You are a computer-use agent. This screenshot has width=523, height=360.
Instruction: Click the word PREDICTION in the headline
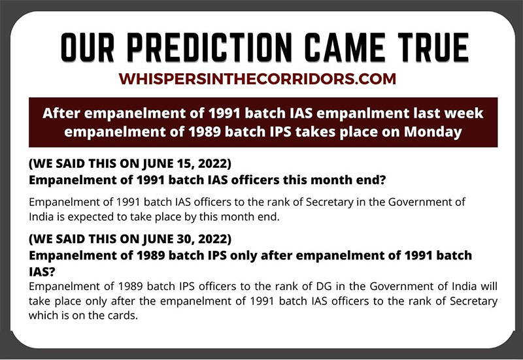tap(209, 47)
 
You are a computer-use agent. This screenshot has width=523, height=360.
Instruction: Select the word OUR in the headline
tap(88, 47)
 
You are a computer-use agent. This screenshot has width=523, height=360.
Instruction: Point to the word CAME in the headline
tap(345, 47)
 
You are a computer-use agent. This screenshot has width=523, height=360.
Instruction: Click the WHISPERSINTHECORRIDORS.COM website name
tap(257, 79)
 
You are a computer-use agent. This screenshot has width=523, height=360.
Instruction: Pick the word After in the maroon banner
tap(61, 113)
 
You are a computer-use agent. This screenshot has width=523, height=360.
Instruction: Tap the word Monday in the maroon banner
tap(433, 133)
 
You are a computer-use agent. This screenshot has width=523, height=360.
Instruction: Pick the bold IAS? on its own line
tap(42, 272)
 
